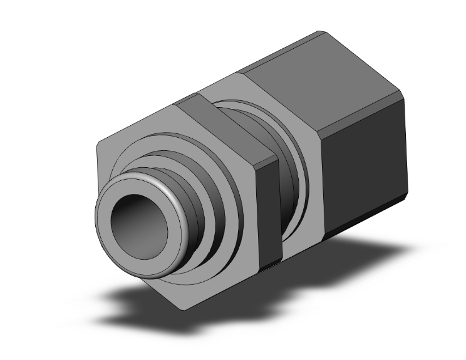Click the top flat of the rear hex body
point(313,69)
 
